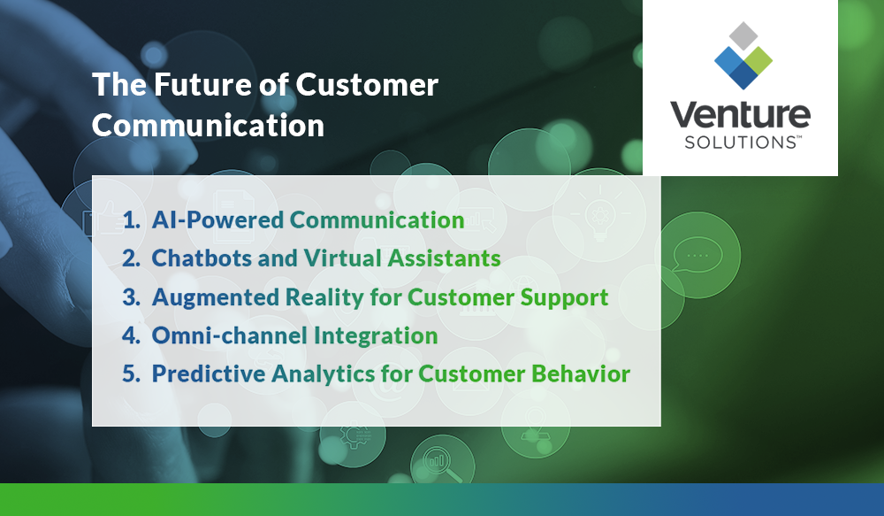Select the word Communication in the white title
click(208, 126)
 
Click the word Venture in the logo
click(739, 116)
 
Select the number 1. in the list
click(132, 220)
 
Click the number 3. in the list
click(132, 297)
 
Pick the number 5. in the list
click(132, 374)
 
